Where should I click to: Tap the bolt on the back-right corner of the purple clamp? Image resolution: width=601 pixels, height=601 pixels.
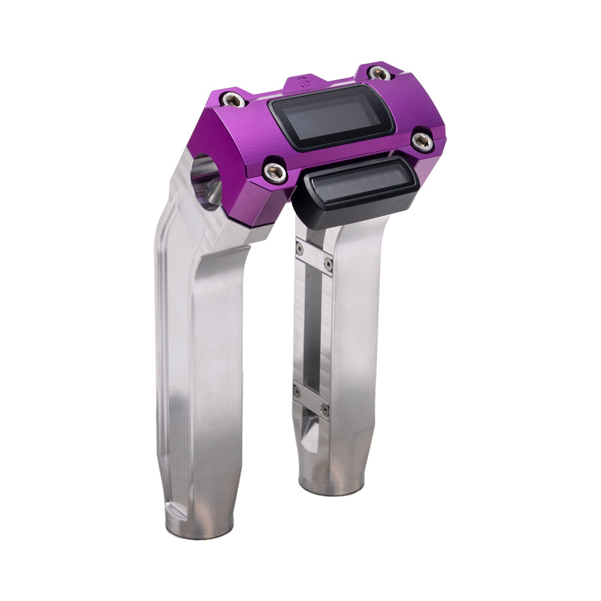coord(378,73)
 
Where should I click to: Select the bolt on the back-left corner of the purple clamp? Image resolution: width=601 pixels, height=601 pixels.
coord(233,100)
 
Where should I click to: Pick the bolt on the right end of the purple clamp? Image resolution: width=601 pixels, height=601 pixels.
coord(423,142)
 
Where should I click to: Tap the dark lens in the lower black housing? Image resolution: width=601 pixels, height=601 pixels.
coord(358,183)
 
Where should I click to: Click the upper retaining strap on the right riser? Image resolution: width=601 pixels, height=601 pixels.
coord(314,255)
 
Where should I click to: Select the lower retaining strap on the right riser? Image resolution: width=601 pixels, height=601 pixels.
coord(311,400)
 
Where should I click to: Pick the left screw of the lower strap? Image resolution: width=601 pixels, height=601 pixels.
coord(297,391)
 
